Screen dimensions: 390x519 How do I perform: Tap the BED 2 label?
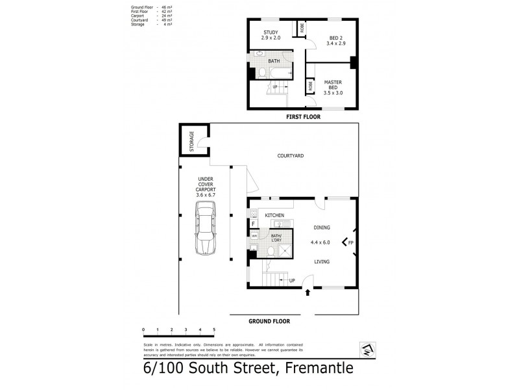click(334, 38)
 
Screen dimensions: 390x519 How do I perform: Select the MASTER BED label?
click(333, 84)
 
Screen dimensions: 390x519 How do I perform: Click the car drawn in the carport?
click(206, 227)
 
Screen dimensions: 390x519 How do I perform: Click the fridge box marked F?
click(254, 224)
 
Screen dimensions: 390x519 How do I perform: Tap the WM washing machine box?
click(254, 236)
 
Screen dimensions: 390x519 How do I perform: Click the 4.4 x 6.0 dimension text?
click(320, 242)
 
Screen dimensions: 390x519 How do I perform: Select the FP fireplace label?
click(350, 243)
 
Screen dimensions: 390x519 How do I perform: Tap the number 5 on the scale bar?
click(214, 330)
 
